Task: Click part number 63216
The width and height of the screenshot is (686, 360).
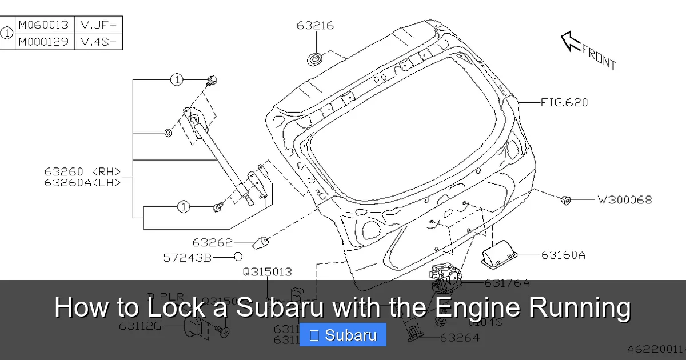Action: (x=315, y=26)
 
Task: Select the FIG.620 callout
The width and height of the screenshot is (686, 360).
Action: (x=564, y=103)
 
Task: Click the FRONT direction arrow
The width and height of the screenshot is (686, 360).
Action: (x=571, y=42)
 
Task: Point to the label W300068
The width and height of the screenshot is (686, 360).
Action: (x=624, y=200)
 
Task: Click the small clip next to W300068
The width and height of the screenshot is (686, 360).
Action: (x=565, y=199)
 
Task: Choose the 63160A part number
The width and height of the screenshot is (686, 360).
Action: (x=563, y=255)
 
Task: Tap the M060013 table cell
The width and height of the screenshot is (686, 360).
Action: (x=43, y=25)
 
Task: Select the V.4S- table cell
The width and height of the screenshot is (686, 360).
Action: (x=98, y=42)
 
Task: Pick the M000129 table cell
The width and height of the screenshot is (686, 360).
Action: (x=43, y=42)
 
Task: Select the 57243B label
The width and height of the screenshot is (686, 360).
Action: (x=188, y=258)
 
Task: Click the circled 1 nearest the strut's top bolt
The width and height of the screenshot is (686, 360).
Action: (x=177, y=80)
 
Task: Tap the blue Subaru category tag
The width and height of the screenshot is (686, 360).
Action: (x=343, y=335)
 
